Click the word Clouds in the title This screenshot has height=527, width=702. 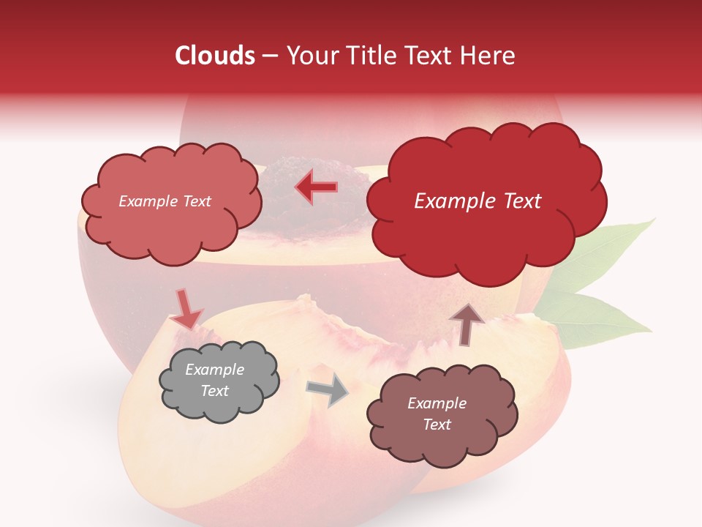coord(215,56)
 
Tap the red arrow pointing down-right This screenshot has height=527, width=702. coord(186,309)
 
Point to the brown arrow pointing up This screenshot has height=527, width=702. coord(467,324)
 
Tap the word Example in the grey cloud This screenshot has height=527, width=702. coord(214,370)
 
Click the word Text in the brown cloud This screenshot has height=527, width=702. coord(437,425)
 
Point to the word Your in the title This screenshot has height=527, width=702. coord(307,56)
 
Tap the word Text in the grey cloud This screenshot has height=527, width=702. coord(214,391)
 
